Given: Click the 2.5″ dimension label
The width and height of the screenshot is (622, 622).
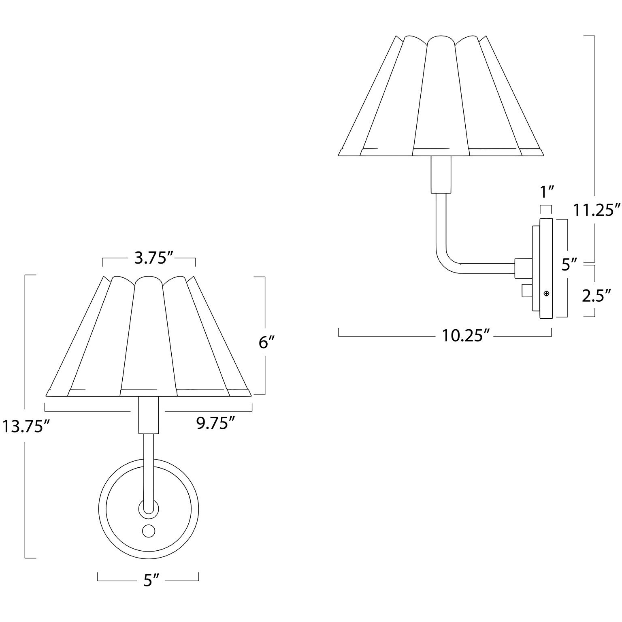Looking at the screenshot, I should click(596, 296).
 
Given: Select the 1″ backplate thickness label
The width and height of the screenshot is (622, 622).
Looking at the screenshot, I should click(546, 192).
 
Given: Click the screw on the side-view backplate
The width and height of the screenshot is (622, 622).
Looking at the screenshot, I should click(546, 293).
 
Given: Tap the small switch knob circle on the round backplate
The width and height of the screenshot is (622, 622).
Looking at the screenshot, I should click(149, 530).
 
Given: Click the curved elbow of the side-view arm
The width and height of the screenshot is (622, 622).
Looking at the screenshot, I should click(445, 261).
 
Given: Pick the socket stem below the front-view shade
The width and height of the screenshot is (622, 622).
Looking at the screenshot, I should click(148, 415).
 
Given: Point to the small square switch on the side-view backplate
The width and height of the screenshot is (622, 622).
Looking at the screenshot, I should click(526, 291).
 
